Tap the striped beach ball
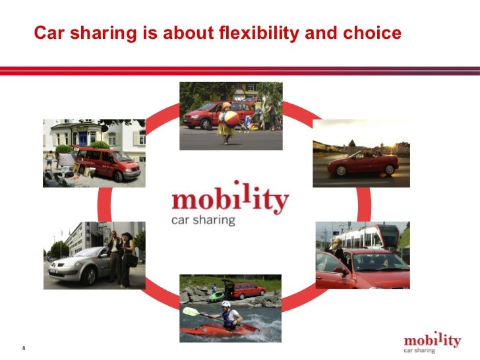coord(229,119)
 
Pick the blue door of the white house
coord(84,138)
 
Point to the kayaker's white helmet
coord(225,305)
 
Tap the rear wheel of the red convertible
coord(341,170)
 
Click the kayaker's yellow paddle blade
coord(189,312)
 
